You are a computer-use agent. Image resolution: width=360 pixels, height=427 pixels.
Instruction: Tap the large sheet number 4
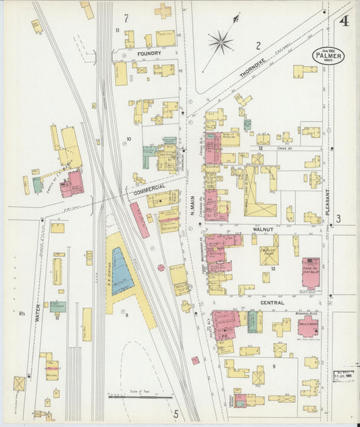pyautogui.click(x=344, y=20)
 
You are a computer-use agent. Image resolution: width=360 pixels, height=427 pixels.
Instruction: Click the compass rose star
pyautogui.click(x=220, y=43)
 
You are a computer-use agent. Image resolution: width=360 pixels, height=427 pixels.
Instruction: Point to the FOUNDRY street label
pyautogui.click(x=149, y=53)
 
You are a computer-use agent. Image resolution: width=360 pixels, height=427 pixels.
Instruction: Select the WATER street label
pyautogui.click(x=38, y=315)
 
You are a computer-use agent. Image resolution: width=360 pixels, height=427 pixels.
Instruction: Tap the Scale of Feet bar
pyautogui.click(x=140, y=397)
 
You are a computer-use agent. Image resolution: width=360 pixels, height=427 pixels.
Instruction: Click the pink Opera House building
pyautogui.click(x=311, y=272)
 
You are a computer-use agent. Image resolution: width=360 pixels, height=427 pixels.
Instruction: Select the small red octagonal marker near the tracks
pyautogui.click(x=161, y=268)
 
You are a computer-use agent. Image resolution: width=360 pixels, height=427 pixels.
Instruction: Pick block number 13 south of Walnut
pyautogui.click(x=273, y=269)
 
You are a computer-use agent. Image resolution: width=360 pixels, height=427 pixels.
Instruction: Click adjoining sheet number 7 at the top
pyautogui.click(x=125, y=18)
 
